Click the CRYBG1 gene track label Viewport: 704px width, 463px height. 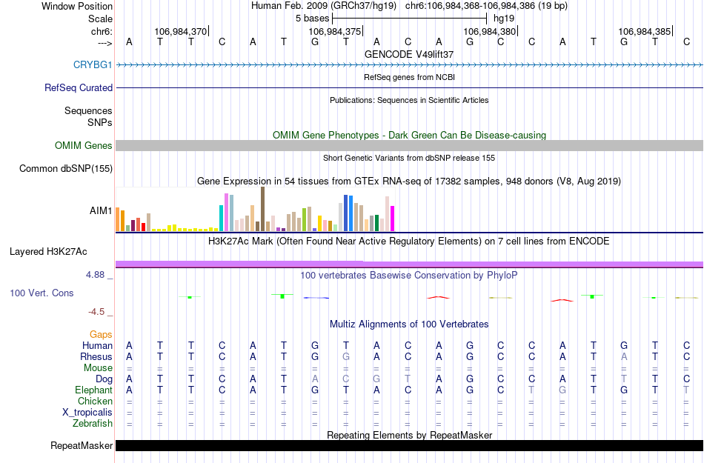pos(93,65)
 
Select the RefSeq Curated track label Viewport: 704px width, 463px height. pos(79,87)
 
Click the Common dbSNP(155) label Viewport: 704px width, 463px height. pos(66,169)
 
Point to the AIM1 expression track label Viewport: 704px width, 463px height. pos(101,210)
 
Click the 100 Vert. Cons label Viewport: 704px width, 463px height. pos(41,293)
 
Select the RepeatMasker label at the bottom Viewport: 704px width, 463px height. pos(82,446)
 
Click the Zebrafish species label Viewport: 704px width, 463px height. pos(93,424)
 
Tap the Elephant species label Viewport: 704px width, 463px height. pos(94,390)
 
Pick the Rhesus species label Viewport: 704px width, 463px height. pos(96,357)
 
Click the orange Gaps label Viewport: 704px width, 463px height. pos(102,335)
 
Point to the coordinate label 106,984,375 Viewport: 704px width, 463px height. pos(335,32)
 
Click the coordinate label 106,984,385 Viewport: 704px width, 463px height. pos(645,32)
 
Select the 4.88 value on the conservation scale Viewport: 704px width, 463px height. pos(96,275)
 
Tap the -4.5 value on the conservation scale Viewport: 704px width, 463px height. pos(99,312)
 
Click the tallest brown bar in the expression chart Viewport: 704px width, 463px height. pos(262,209)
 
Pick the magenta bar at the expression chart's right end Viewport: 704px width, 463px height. pos(393,219)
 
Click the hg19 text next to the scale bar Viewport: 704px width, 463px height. pos(504,18)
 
